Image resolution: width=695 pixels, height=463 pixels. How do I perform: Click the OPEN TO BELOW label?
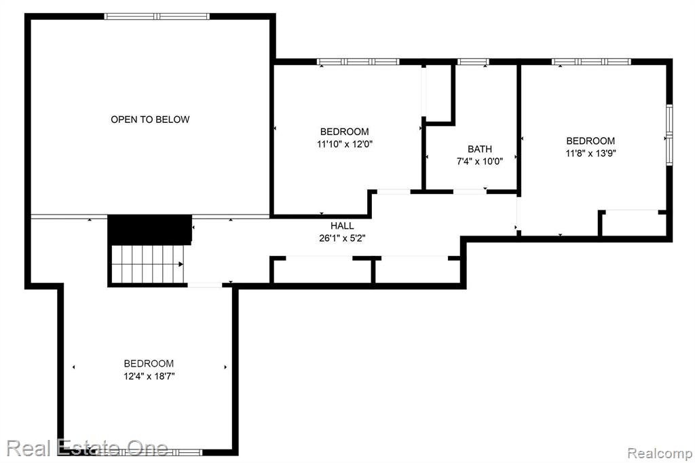click(150, 119)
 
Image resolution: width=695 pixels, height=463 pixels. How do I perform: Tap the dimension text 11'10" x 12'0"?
click(344, 144)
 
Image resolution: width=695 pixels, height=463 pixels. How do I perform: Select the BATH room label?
click(480, 149)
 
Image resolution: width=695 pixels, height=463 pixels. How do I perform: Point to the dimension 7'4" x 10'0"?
click(480, 162)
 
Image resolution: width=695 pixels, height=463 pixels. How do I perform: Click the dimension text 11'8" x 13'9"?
click(590, 153)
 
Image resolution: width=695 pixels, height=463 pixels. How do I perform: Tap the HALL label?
click(342, 226)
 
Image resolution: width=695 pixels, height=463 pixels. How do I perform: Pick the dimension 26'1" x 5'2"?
click(342, 238)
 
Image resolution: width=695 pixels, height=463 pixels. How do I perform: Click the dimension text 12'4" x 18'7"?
click(149, 376)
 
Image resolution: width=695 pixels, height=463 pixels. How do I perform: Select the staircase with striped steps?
click(147, 264)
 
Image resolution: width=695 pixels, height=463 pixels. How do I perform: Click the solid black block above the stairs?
click(150, 229)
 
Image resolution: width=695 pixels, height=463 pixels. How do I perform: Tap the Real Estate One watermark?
click(88, 448)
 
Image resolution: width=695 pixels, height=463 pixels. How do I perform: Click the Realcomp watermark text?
click(660, 453)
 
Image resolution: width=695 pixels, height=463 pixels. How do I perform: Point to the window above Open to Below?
click(157, 16)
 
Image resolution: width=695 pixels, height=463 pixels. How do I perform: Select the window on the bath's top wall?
click(473, 62)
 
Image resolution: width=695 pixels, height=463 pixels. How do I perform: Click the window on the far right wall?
click(669, 135)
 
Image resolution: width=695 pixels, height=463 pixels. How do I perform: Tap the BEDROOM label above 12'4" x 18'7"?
click(149, 364)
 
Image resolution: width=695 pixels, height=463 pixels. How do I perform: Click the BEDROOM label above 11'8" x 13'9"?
click(590, 141)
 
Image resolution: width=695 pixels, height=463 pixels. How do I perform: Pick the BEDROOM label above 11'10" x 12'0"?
click(344, 132)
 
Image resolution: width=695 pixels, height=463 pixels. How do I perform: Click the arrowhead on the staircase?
click(181, 264)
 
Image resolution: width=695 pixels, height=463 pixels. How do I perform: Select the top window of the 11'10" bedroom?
click(358, 62)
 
